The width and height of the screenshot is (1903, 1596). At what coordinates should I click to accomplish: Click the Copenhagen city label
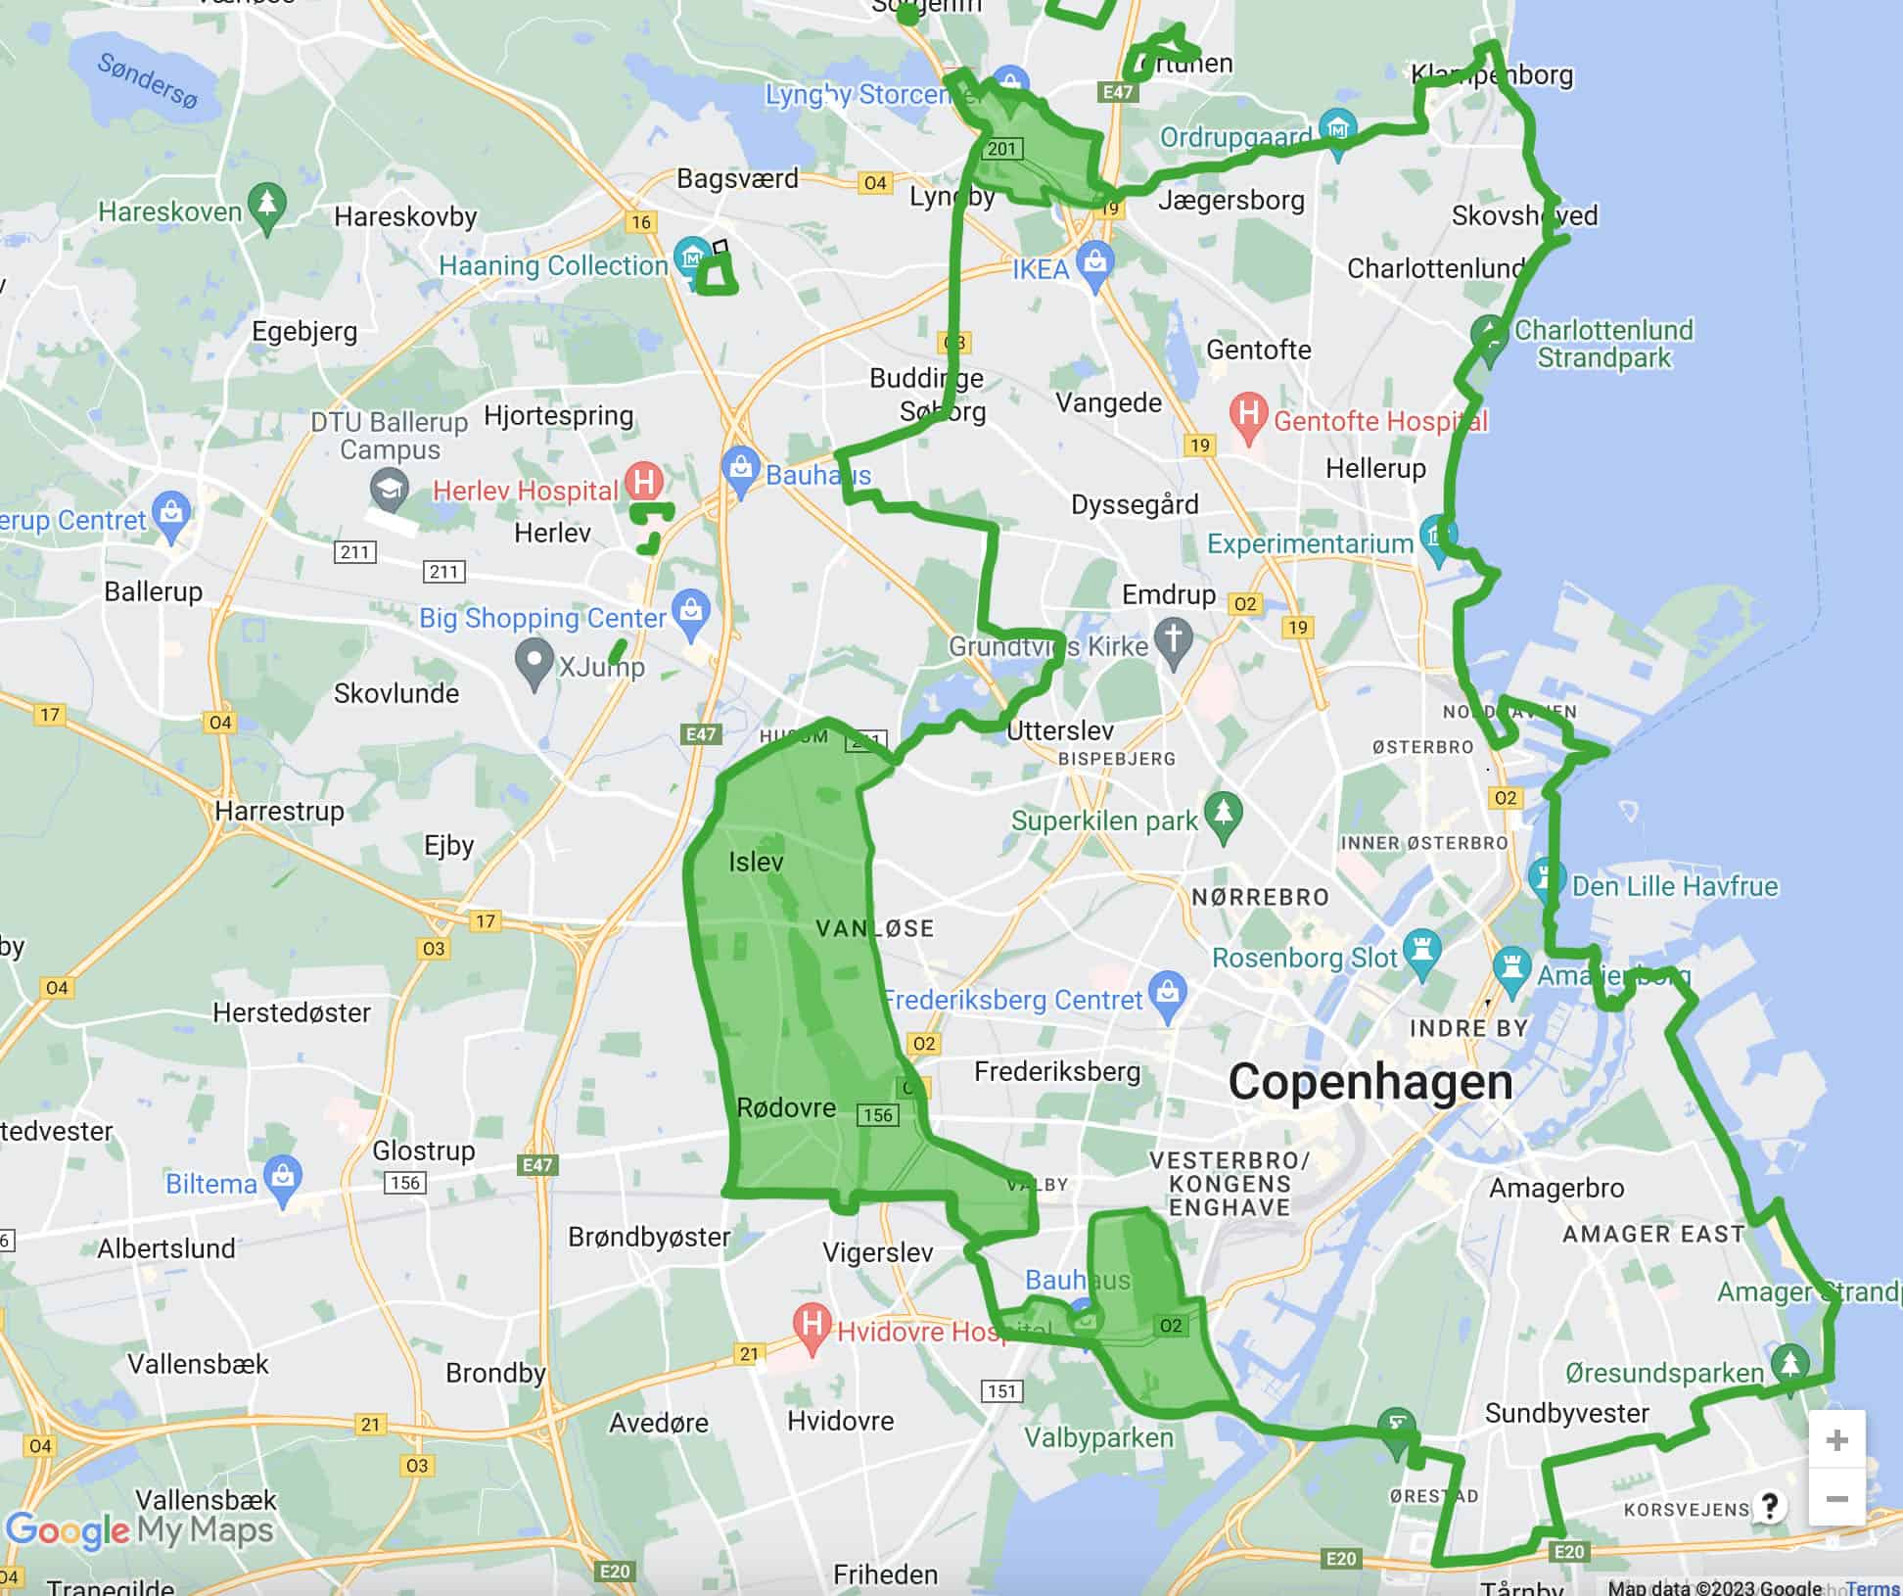point(1369,1082)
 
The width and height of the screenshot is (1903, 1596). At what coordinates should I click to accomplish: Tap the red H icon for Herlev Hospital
point(644,481)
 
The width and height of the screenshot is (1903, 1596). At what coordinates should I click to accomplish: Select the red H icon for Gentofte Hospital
point(1248,415)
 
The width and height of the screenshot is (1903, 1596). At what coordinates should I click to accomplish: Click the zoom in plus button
point(1836,1440)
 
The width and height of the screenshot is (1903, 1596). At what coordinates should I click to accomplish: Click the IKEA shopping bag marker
point(1094,262)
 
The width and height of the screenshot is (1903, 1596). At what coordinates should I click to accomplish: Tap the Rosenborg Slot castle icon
point(1421,950)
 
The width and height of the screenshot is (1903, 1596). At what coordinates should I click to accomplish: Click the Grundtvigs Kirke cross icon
point(1174,638)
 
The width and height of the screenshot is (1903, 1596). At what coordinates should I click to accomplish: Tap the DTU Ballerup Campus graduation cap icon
point(390,487)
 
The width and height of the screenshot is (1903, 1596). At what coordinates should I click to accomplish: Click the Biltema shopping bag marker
point(283,1178)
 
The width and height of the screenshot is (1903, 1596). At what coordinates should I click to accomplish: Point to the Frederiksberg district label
point(1057,1071)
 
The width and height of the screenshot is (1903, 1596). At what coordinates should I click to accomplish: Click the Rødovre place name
point(786,1107)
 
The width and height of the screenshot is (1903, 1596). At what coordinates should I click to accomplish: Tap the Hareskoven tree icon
point(266,205)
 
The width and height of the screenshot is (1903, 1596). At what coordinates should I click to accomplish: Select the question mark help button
point(1769,1506)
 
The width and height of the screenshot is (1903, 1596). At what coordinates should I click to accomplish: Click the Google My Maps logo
point(139,1530)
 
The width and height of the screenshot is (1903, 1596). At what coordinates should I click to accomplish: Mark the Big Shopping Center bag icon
point(691,610)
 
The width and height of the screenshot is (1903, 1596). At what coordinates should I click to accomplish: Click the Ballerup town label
point(154,591)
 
